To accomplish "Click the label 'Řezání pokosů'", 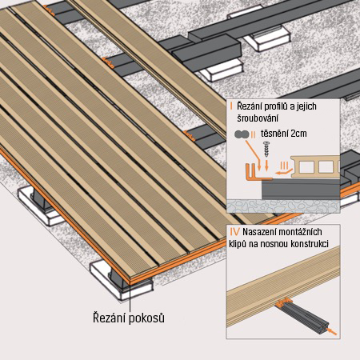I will click(128, 318).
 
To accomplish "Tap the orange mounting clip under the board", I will click(282, 305).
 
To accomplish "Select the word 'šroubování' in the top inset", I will click(256, 118).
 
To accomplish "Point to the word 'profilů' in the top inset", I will click(278, 107).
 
